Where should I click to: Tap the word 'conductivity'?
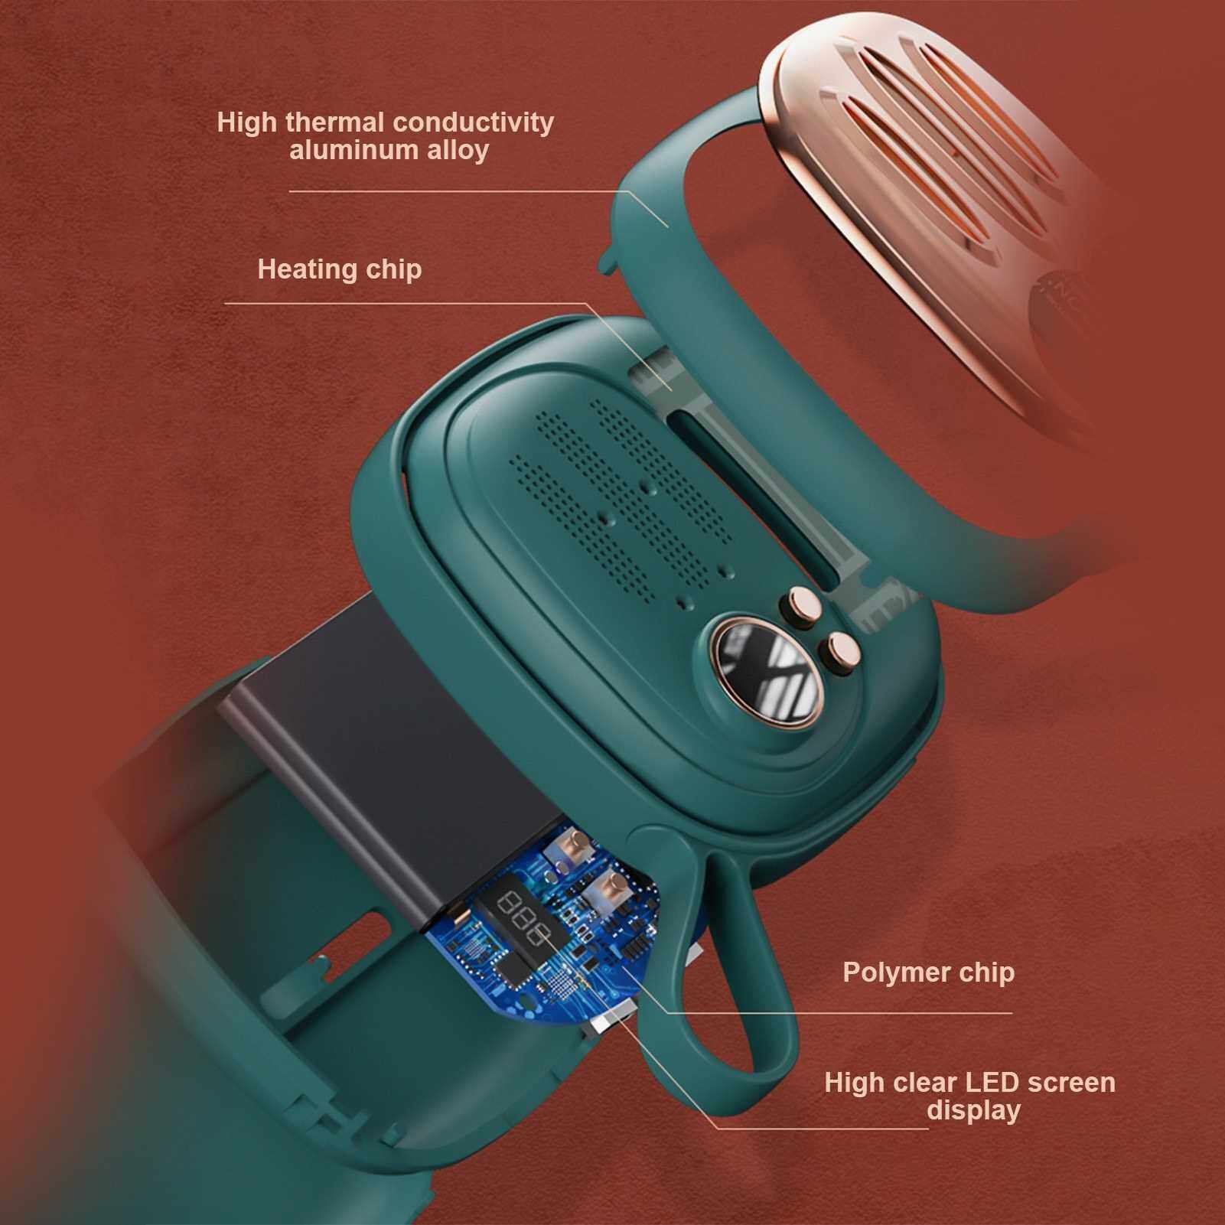point(472,122)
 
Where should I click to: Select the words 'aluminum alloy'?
point(389,150)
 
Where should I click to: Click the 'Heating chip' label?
point(340,269)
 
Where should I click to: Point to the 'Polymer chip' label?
point(929,973)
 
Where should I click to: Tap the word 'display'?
point(974,1111)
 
